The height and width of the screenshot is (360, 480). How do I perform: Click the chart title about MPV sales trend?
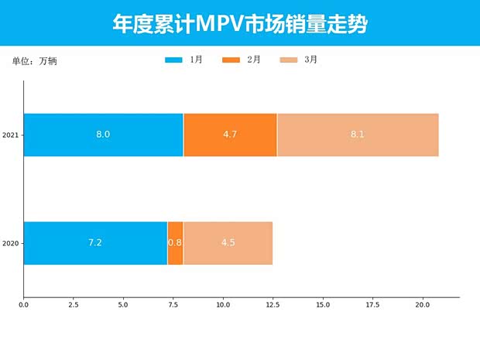pos(239,24)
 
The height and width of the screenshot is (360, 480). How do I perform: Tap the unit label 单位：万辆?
pos(35,61)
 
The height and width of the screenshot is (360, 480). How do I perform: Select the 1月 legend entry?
pos(184,60)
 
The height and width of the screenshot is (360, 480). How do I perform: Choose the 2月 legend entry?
pos(241,60)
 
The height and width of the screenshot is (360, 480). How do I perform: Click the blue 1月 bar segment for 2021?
pos(103,135)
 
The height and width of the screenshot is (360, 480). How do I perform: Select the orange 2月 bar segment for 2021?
pos(230,135)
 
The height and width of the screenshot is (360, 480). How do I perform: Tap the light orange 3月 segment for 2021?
pos(358,135)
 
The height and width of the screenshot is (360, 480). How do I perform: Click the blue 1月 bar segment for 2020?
pos(95,243)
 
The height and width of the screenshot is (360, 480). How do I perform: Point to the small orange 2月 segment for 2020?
pos(175,243)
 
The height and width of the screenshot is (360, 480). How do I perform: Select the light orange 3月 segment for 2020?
pos(228,243)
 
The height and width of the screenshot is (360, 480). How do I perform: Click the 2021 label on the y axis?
pos(11,135)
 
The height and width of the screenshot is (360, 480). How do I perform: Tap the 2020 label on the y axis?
pos(11,244)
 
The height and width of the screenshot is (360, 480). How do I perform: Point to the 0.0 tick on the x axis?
pos(24,305)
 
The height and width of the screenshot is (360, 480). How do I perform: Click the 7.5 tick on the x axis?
pos(173,305)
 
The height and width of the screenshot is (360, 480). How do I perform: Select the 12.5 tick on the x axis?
pos(273,305)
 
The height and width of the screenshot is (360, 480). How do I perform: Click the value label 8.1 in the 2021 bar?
pos(357,135)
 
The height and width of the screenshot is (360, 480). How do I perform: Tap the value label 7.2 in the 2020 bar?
pos(95,243)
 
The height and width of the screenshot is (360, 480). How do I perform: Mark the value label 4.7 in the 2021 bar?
pos(230,135)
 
